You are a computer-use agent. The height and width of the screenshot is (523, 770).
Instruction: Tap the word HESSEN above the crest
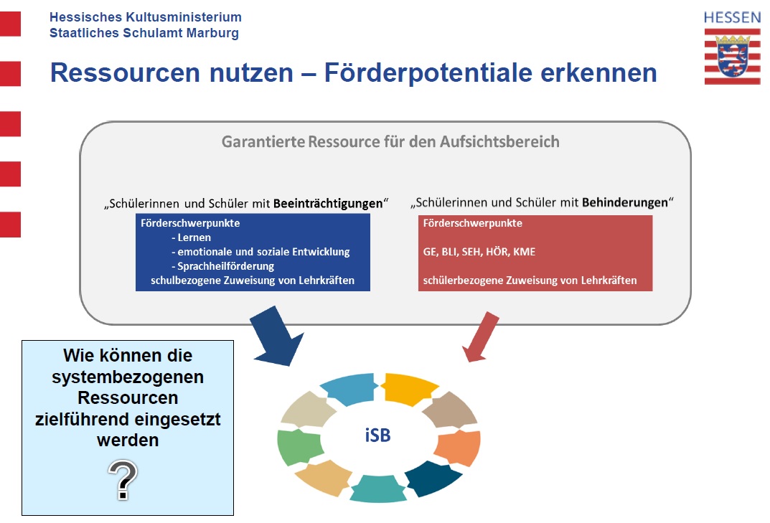(x=732, y=18)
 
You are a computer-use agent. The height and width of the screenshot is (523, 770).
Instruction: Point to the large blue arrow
(x=276, y=337)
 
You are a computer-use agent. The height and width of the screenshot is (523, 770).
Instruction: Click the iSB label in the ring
(x=377, y=435)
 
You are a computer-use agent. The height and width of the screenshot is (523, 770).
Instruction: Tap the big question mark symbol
(x=123, y=480)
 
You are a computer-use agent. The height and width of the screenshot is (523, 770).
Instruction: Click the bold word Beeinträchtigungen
(x=328, y=203)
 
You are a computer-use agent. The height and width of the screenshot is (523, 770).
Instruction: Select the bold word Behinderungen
(x=625, y=202)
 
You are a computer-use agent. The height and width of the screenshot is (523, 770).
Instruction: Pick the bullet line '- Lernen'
(x=191, y=237)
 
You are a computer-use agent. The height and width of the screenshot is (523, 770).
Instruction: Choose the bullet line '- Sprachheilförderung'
(x=223, y=266)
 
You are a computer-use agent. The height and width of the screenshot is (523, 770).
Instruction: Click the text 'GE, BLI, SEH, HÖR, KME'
(x=479, y=252)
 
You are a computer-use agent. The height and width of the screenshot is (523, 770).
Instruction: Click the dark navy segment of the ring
(x=432, y=478)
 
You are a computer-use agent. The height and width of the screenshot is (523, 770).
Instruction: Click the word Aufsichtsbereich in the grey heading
(x=499, y=141)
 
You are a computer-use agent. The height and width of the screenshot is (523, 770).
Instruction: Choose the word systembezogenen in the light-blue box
(x=128, y=377)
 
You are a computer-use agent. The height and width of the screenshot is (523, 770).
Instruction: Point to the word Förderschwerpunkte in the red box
(x=472, y=223)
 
